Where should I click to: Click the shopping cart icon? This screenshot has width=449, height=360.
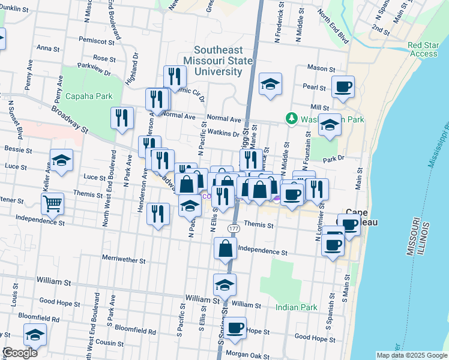coord(52,204)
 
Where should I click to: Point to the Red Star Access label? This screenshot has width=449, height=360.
coord(423,49)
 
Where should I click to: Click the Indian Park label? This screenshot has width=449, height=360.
coord(296,308)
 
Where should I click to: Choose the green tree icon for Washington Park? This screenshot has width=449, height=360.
coord(291,119)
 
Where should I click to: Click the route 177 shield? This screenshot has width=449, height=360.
coord(234,229)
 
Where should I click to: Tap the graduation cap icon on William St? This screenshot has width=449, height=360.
coord(224,285)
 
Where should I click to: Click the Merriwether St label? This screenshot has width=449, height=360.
coord(124,260)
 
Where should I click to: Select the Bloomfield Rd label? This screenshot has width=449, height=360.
coord(135,331)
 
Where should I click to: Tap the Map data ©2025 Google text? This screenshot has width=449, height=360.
coord(411,355)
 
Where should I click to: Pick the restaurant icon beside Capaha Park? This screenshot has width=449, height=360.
coord(122,119)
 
